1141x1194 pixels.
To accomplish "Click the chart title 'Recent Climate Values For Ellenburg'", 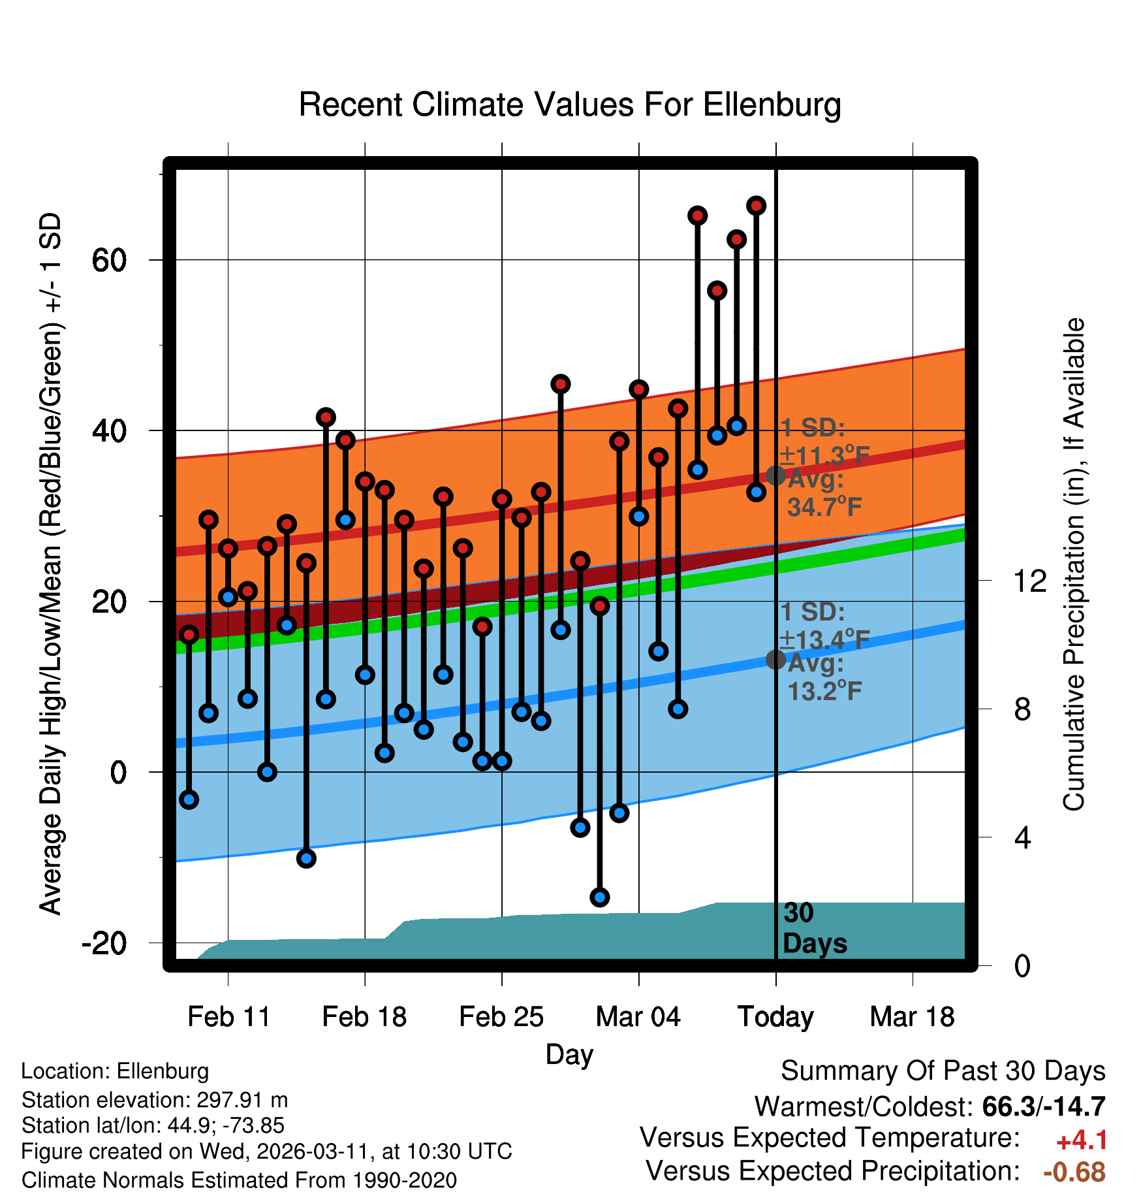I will pyautogui.click(x=569, y=105).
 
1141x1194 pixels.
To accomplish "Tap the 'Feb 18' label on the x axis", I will pyautogui.click(x=364, y=1016).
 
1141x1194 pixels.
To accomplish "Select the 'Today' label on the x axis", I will pyautogui.click(x=775, y=1016).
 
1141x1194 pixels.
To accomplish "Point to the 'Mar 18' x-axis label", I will pyautogui.click(x=912, y=1016).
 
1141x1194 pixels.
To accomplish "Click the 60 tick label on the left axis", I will pyautogui.click(x=109, y=261).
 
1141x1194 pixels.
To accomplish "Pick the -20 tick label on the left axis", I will pyautogui.click(x=104, y=943).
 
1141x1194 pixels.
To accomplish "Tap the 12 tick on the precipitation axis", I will pyautogui.click(x=1029, y=581).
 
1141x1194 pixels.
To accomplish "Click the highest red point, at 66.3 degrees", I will pyautogui.click(x=756, y=206).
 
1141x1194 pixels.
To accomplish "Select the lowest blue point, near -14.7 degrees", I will pyautogui.click(x=600, y=897).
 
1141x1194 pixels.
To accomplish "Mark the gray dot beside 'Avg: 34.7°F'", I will pyautogui.click(x=775, y=476).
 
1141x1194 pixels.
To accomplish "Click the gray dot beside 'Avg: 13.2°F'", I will pyautogui.click(x=775, y=660).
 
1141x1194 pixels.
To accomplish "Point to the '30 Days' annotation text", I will pyautogui.click(x=814, y=928).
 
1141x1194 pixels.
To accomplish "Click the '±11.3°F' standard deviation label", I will pyautogui.click(x=824, y=455).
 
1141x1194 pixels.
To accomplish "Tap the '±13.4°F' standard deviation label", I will pyautogui.click(x=824, y=639).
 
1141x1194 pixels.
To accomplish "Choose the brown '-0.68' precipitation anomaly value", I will pyautogui.click(x=1074, y=1172).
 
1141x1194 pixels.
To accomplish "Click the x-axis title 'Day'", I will pyautogui.click(x=569, y=1054).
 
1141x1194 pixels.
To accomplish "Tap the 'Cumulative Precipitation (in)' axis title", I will pyautogui.click(x=1074, y=564).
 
